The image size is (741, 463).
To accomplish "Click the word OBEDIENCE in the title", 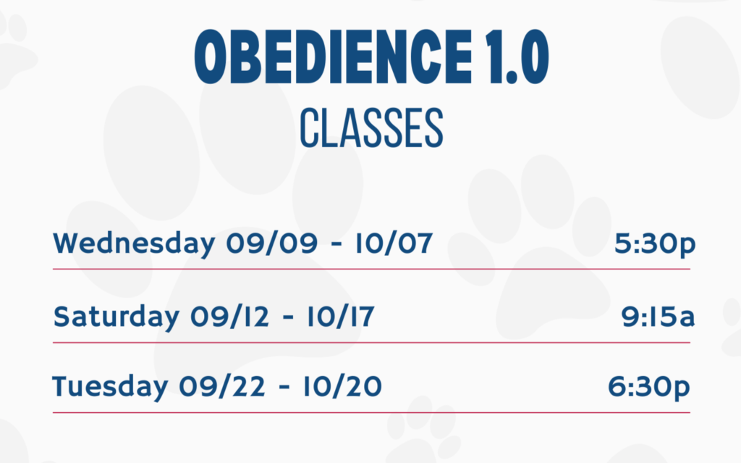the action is click(x=333, y=57).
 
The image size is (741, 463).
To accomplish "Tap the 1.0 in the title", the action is click(x=518, y=57).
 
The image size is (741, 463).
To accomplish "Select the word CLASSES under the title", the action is click(x=371, y=128).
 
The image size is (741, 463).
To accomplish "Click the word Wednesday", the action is click(x=134, y=244).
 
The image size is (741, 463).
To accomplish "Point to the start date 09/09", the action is click(x=272, y=243).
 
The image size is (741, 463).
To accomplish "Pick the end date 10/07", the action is click(x=394, y=243).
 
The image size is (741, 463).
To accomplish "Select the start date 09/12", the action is click(x=229, y=316).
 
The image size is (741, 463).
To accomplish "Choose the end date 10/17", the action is click(x=341, y=316).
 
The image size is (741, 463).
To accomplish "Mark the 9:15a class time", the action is click(x=658, y=316).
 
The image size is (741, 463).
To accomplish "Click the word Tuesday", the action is click(x=110, y=387).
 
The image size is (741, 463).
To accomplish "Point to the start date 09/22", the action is click(x=221, y=386).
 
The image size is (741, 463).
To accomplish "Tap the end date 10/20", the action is click(x=342, y=386).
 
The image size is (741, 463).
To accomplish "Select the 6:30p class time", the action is click(x=649, y=388).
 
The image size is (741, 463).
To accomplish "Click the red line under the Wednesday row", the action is click(x=371, y=269).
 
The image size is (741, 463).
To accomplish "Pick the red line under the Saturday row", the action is click(x=371, y=342).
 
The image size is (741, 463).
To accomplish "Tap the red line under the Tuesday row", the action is click(x=371, y=412).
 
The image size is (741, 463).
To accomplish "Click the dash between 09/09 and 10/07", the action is click(x=336, y=245).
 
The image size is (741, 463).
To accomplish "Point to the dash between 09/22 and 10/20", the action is click(x=284, y=388).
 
